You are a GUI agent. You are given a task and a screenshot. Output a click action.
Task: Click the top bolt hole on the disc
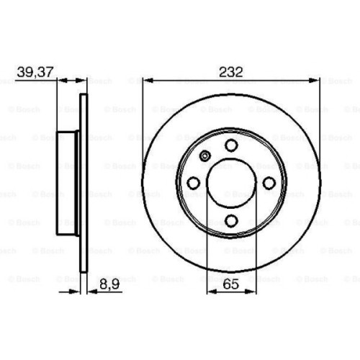[x=230, y=145]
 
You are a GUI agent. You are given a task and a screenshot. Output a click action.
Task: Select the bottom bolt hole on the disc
[x=230, y=222]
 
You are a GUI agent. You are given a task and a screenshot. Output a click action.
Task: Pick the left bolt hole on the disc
[x=193, y=184]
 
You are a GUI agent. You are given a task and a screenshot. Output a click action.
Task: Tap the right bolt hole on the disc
[x=269, y=184]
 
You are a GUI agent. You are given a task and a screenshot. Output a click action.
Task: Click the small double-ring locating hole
[x=204, y=156]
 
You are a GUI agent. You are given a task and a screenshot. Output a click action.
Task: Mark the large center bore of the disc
[x=230, y=184]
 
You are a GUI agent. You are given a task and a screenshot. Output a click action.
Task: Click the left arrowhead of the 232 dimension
[x=146, y=78]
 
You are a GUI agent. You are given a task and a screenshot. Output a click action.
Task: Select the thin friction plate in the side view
[x=84, y=184]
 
